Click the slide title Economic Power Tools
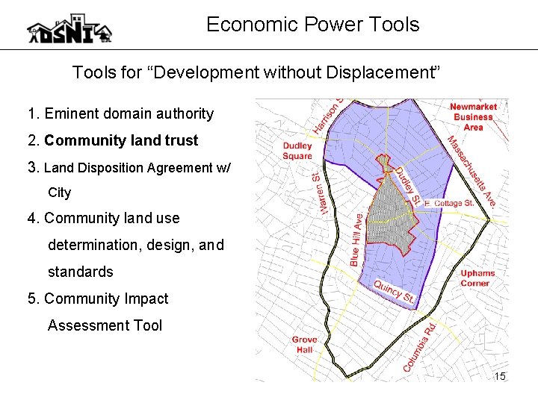(x=312, y=25)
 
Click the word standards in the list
(x=80, y=272)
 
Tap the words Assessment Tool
(x=105, y=325)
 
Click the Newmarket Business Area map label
(x=473, y=117)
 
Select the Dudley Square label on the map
(x=297, y=151)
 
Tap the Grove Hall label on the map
(x=304, y=344)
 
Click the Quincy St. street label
(x=393, y=292)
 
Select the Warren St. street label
(x=321, y=192)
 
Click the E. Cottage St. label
(x=448, y=203)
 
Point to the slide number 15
(x=500, y=376)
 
